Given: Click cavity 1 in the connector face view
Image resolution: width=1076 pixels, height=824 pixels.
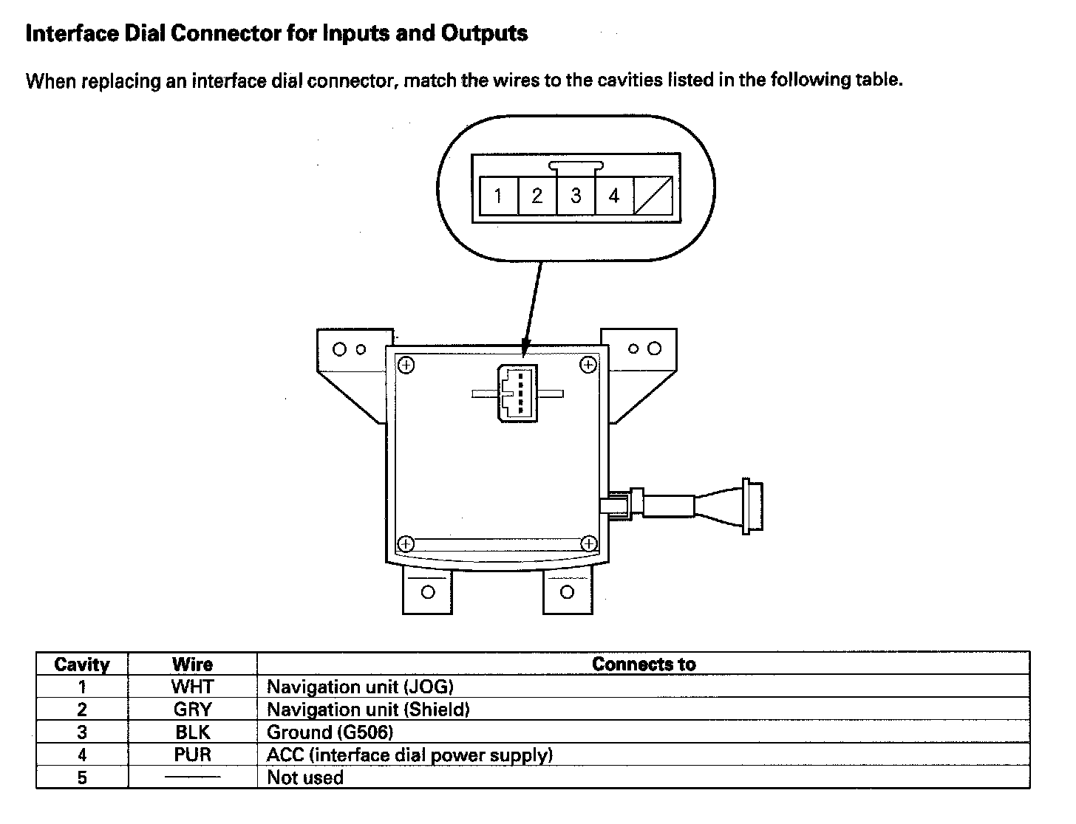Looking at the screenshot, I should click(x=498, y=196).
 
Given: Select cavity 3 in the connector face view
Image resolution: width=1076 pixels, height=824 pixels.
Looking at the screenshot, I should click(x=576, y=196).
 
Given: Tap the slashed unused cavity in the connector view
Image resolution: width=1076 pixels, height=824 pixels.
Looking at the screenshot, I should click(x=653, y=196).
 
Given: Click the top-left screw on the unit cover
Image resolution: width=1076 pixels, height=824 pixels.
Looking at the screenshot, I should click(x=406, y=364).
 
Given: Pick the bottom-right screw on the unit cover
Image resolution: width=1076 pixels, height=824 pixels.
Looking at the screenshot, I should click(x=589, y=544).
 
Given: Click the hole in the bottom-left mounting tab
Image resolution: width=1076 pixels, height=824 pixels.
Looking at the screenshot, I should click(x=427, y=592).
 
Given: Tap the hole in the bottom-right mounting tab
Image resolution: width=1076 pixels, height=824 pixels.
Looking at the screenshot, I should click(x=567, y=592).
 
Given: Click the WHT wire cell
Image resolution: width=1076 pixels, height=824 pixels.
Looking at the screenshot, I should click(x=192, y=687).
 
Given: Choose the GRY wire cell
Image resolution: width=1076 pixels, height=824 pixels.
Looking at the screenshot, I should click(x=192, y=710).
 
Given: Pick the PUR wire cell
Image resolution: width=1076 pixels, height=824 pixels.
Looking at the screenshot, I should click(x=192, y=755).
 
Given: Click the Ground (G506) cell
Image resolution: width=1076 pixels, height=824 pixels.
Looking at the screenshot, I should click(x=330, y=732).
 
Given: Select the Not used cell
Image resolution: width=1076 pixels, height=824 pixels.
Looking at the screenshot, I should click(x=305, y=777).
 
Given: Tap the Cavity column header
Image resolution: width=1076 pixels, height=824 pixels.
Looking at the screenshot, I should click(x=82, y=664).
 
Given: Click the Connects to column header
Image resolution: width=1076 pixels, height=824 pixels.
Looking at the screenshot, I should click(x=643, y=664).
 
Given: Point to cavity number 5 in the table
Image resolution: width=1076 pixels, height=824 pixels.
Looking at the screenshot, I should click(x=82, y=777).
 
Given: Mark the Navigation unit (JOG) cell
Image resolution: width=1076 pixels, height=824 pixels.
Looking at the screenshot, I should click(x=360, y=687).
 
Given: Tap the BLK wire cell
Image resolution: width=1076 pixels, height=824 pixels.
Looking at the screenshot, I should click(x=192, y=732).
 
